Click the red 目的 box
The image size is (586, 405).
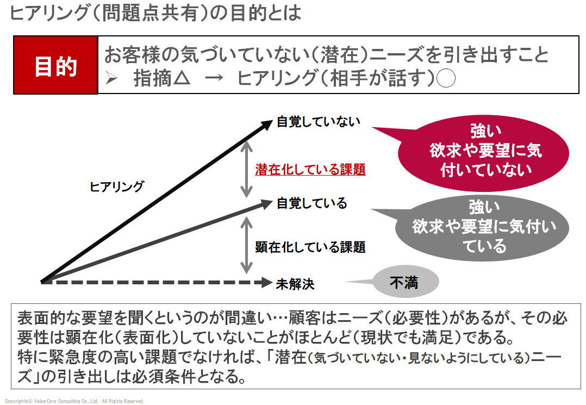pyautogui.click(x=55, y=66)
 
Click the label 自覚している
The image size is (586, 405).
pyautogui.click(x=311, y=203)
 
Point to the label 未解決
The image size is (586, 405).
pyautogui.click(x=295, y=283)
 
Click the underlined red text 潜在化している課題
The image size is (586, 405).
pyautogui.click(x=310, y=169)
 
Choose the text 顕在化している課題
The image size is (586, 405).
pyautogui.click(x=310, y=247)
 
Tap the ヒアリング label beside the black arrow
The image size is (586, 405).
pyautogui.click(x=116, y=187)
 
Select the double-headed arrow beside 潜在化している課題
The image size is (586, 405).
pyautogui.click(x=247, y=169)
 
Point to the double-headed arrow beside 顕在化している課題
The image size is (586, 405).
pyautogui.click(x=247, y=245)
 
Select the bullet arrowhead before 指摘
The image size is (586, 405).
pyautogui.click(x=112, y=79)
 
